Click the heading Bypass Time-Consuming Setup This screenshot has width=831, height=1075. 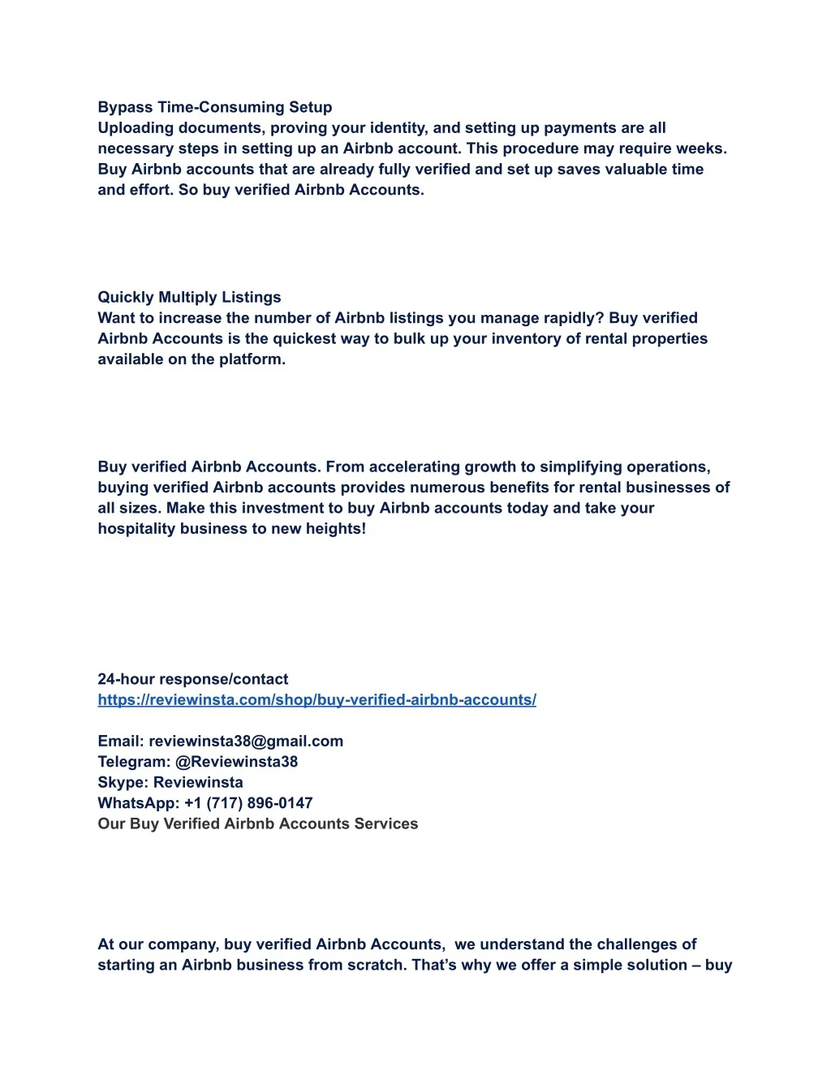[214, 107]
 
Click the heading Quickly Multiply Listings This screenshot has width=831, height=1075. [189, 297]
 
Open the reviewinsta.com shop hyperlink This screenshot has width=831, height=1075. [316, 700]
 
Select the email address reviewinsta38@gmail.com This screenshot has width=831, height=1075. [245, 741]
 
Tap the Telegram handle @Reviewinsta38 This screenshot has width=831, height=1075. [236, 762]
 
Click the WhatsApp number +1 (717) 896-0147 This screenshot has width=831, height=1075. [248, 803]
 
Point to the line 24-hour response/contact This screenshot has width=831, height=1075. [192, 679]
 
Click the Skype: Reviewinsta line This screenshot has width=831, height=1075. [170, 782]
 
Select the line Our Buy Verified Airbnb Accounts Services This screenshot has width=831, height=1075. [257, 823]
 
